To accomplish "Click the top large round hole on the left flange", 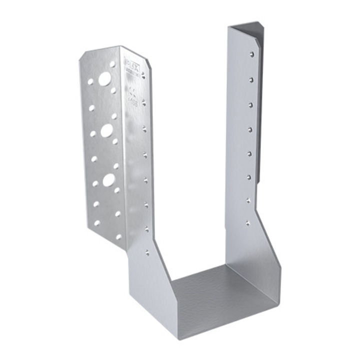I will point(104,78).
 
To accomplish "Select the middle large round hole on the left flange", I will point(106,130).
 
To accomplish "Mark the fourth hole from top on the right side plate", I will point(250,129).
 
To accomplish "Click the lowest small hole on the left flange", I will point(118,236).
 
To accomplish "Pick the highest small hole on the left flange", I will point(114,64).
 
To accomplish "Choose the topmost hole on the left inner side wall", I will point(143,75).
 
